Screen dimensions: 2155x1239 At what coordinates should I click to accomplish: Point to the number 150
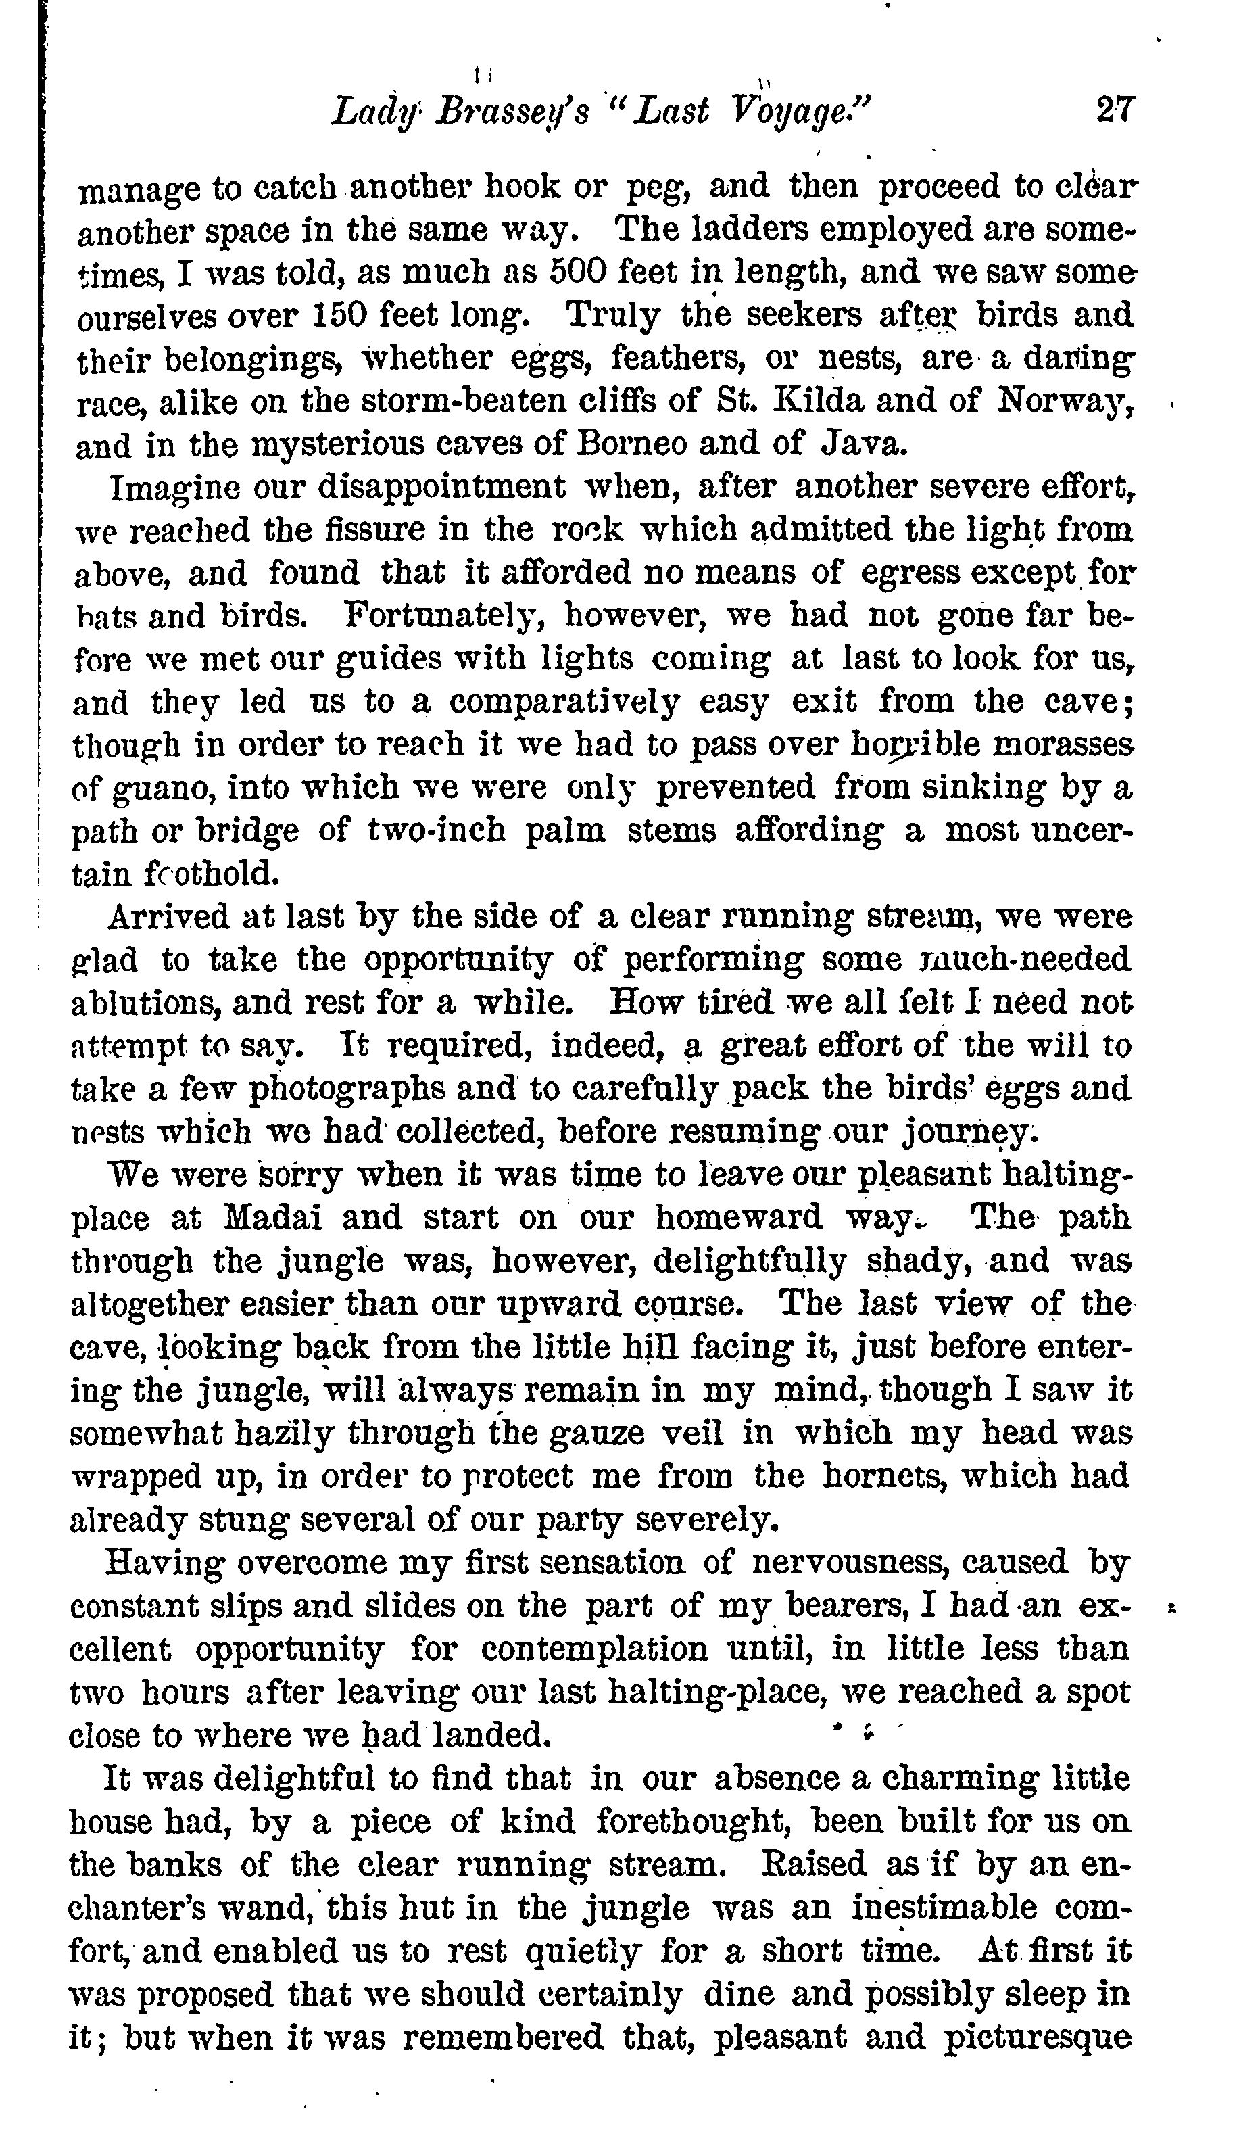tap(341, 316)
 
